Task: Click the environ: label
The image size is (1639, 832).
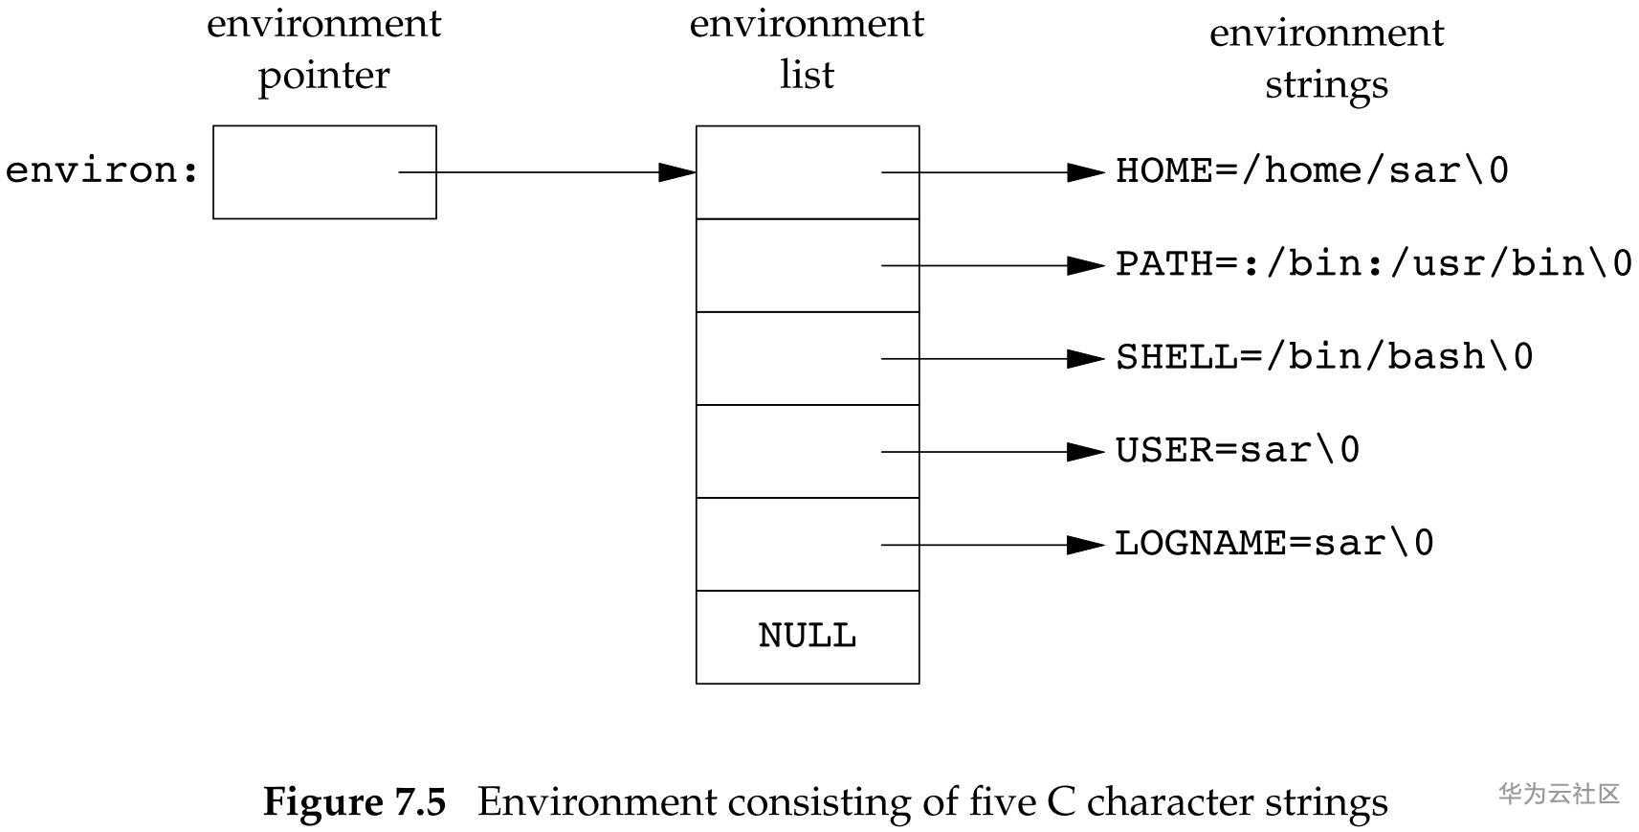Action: (102, 171)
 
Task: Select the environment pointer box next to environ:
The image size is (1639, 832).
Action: (324, 172)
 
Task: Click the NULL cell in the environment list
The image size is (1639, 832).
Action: (807, 637)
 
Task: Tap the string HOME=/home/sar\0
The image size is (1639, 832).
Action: (1312, 171)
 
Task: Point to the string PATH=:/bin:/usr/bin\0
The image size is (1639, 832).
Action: (1373, 264)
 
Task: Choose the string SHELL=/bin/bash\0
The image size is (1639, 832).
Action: (1324, 357)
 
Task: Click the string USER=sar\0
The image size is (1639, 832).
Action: (1237, 450)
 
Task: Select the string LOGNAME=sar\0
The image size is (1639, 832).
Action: (1274, 544)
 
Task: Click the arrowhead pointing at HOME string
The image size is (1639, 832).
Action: (1086, 172)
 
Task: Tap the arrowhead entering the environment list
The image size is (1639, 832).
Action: (677, 172)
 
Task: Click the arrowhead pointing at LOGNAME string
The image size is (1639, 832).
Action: (1086, 545)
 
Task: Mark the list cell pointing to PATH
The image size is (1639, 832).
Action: (807, 265)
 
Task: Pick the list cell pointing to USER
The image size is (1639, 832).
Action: (807, 451)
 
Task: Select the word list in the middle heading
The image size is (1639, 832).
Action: (807, 75)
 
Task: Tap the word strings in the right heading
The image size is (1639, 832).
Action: (1326, 85)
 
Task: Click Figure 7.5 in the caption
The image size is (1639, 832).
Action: (354, 801)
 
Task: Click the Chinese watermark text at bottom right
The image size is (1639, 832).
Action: (1559, 793)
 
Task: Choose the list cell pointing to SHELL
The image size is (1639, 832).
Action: (807, 358)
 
